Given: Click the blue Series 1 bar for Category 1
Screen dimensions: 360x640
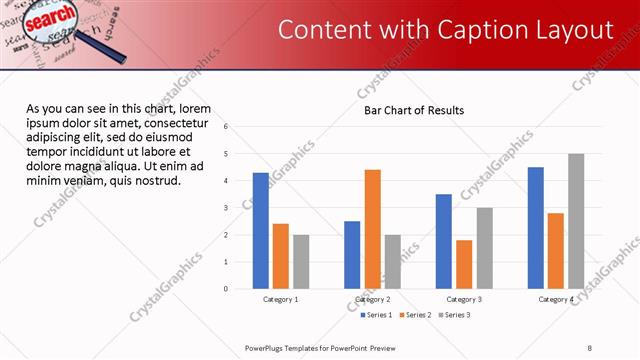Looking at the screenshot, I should (x=261, y=230).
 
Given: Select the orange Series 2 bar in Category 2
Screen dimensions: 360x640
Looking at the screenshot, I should (x=372, y=229).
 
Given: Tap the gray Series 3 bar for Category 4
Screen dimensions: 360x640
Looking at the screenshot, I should (x=576, y=221).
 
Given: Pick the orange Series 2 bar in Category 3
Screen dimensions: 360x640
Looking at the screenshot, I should (x=464, y=264).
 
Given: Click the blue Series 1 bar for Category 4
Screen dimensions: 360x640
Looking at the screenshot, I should (x=536, y=228).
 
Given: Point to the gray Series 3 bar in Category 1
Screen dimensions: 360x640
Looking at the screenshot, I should (x=301, y=261).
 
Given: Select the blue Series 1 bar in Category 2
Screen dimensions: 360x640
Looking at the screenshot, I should (x=352, y=255).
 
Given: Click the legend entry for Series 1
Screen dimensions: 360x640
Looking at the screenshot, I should (x=376, y=315).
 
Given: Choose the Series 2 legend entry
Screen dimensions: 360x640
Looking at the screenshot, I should (x=416, y=315).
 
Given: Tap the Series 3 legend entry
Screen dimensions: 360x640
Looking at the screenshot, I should (x=455, y=315).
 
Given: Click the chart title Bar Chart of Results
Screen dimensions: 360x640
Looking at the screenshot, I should (x=413, y=111).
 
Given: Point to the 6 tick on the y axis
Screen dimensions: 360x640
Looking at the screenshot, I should (x=227, y=127).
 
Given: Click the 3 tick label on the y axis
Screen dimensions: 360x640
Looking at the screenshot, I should (x=227, y=208).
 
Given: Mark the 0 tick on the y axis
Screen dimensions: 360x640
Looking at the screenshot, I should (x=227, y=289).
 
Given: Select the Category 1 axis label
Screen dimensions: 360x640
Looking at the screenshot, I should (x=281, y=299).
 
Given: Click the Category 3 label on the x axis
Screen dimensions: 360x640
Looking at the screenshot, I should (x=464, y=299).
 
